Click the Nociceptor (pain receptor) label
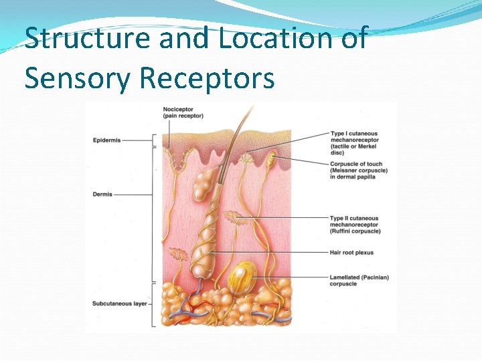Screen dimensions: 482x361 click(183, 112)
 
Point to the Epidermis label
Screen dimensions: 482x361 click(107, 140)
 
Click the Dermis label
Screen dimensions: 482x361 click(103, 195)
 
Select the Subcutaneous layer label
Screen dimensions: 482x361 click(120, 304)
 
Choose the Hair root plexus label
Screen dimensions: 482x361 click(351, 253)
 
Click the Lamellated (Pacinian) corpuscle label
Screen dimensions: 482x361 click(359, 280)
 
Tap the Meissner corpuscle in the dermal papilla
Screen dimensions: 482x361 click(271, 160)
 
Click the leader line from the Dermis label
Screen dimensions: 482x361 click(134, 195)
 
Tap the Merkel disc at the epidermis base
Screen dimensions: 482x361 click(248, 158)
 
